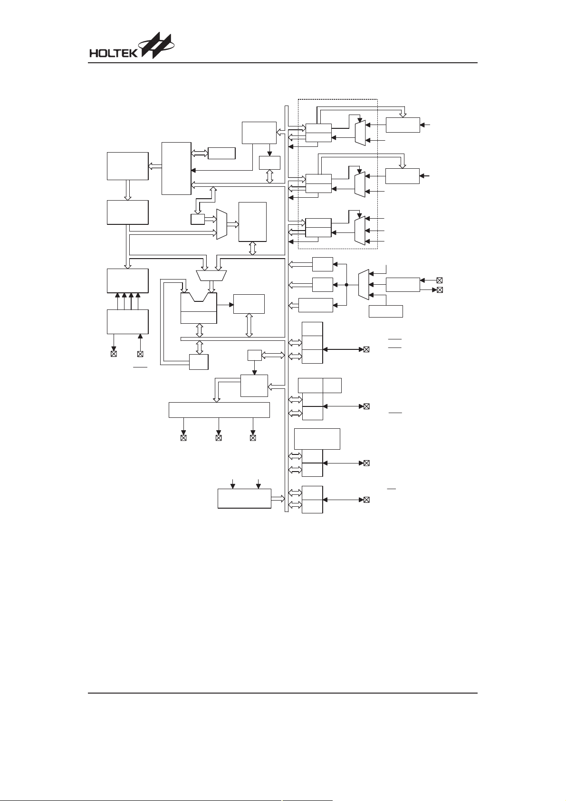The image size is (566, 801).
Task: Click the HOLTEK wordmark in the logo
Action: [114, 53]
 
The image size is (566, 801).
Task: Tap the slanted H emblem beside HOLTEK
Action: [157, 46]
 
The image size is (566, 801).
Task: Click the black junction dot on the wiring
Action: [346, 285]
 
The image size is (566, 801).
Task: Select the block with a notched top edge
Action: [199, 308]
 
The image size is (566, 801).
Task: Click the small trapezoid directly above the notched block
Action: [211, 275]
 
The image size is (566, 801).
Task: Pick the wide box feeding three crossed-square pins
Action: [219, 410]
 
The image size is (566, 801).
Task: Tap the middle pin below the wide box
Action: [219, 438]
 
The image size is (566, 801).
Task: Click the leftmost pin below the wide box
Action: [183, 438]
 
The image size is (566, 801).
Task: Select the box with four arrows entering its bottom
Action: [128, 281]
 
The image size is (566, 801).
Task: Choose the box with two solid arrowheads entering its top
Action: [245, 499]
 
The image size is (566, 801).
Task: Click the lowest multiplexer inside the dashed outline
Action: [360, 230]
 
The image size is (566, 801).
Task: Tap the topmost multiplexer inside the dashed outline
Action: [360, 133]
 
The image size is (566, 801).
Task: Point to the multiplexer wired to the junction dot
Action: [364, 285]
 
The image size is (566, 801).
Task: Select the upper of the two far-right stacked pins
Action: [440, 280]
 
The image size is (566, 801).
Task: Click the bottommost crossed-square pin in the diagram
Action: [366, 500]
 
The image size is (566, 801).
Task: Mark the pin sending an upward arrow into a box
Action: [140, 354]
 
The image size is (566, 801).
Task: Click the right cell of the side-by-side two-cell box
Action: [332, 386]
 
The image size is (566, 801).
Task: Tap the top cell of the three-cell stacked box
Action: [313, 329]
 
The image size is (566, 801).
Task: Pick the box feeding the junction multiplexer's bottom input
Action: [386, 311]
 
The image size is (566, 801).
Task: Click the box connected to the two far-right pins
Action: [403, 285]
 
